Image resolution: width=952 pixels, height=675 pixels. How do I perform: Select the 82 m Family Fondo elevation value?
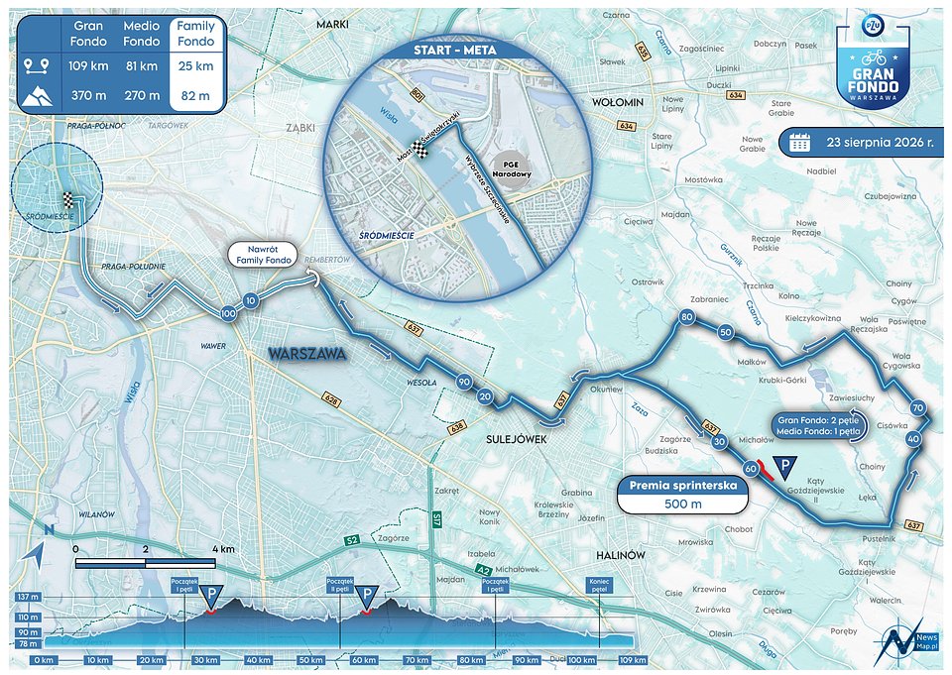tap(195, 95)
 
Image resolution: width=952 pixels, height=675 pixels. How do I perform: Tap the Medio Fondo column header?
tap(142, 34)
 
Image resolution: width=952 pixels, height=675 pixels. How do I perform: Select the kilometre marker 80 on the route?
tap(685, 318)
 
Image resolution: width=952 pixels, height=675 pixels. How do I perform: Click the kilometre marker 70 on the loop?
tap(917, 407)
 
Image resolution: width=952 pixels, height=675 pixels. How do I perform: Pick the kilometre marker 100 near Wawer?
tap(229, 313)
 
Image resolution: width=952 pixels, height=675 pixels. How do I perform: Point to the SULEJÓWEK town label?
tap(516, 438)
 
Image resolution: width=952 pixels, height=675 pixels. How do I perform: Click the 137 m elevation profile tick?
tap(27, 598)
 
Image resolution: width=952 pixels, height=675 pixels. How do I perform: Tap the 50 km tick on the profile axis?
tap(310, 659)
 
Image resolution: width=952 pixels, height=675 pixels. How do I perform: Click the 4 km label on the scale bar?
tap(224, 548)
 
